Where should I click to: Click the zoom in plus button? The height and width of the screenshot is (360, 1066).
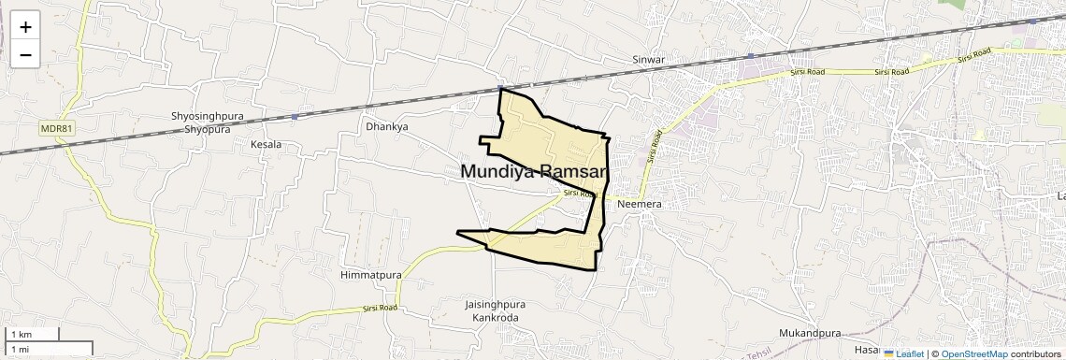click(x=25, y=26)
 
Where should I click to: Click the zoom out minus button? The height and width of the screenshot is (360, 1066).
click(x=25, y=54)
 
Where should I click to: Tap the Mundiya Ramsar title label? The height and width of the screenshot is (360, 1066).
click(x=534, y=172)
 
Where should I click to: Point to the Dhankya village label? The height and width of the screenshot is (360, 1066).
click(x=386, y=126)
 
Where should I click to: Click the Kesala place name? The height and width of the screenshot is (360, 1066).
click(x=266, y=145)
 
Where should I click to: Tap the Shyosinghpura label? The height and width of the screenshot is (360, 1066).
click(x=200, y=116)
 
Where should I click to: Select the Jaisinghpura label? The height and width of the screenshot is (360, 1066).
click(x=495, y=305)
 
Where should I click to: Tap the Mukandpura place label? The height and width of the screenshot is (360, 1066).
click(x=810, y=333)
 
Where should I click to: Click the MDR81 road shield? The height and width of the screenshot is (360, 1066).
click(x=56, y=128)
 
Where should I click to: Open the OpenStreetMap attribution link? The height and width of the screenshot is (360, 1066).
click(x=973, y=353)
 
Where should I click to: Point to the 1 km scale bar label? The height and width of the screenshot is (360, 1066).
click(x=22, y=334)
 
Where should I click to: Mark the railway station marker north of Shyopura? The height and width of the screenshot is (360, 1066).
click(x=295, y=117)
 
